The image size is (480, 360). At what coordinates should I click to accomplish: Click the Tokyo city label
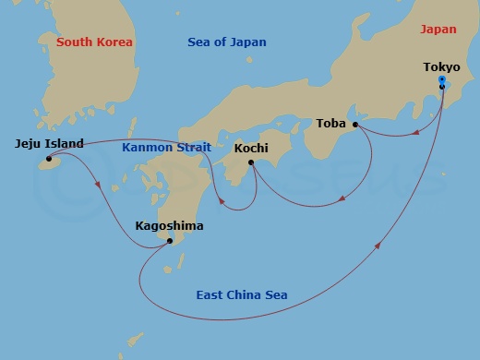point(441,66)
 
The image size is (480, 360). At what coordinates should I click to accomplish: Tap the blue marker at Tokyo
point(441,82)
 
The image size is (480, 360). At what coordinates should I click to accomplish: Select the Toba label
point(330,123)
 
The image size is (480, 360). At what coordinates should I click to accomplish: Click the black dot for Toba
point(355,124)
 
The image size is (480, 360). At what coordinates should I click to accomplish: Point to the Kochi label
point(251,148)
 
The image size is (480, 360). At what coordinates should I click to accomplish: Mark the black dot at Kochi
point(251,163)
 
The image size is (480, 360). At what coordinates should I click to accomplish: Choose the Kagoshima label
point(169,225)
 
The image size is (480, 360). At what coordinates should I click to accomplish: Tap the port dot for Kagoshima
point(169,241)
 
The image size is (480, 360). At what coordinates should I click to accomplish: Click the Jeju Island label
point(50,143)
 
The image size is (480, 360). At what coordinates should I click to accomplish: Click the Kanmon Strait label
point(167,148)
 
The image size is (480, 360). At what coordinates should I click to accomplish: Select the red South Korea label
point(94,42)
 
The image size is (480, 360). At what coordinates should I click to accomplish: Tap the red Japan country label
point(438,30)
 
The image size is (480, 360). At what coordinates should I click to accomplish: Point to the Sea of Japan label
point(226,42)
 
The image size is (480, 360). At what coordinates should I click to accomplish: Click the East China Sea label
point(241,295)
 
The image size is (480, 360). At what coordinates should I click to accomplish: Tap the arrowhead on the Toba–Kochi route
point(342,198)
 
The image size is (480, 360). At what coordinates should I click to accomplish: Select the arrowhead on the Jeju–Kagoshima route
point(99,186)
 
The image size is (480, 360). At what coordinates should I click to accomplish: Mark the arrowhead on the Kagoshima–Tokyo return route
point(379,246)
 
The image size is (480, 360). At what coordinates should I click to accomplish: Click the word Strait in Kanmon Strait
point(192,148)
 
